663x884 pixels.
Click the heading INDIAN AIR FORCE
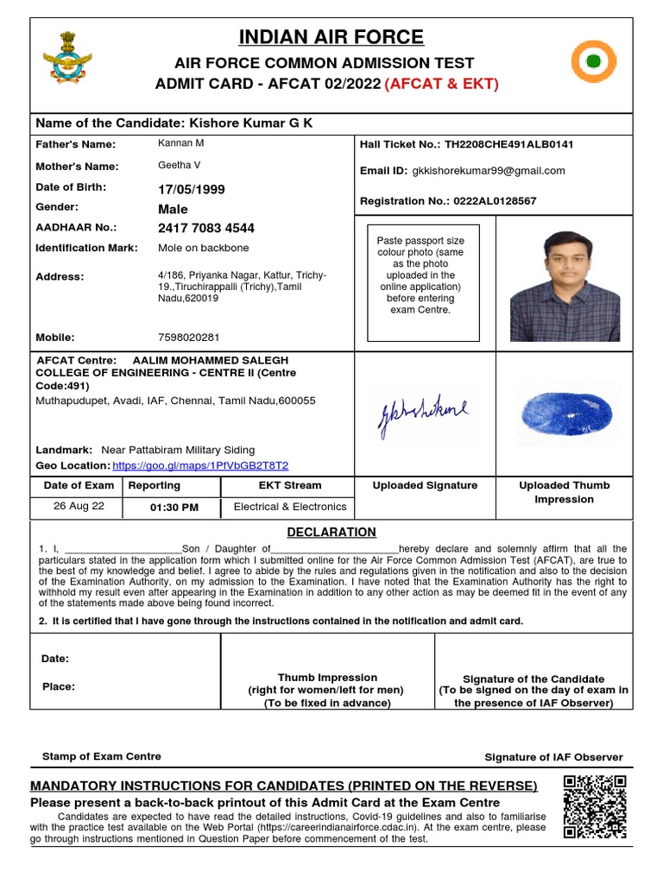[x=331, y=37]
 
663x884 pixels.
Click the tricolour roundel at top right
[x=595, y=62]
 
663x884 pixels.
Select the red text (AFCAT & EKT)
[x=442, y=84]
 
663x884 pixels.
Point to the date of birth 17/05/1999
[x=190, y=188]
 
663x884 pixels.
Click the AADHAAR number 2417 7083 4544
[x=205, y=229]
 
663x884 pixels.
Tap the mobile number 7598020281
[x=188, y=337]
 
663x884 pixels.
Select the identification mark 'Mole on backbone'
[x=203, y=248]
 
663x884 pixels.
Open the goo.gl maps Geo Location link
[x=200, y=464]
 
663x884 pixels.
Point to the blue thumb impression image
[x=563, y=408]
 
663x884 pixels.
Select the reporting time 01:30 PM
[x=174, y=508]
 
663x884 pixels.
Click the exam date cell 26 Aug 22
[x=79, y=506]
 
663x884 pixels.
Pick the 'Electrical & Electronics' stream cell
[x=290, y=507]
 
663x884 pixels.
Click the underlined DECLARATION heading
[x=331, y=532]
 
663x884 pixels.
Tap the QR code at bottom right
[x=594, y=807]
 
